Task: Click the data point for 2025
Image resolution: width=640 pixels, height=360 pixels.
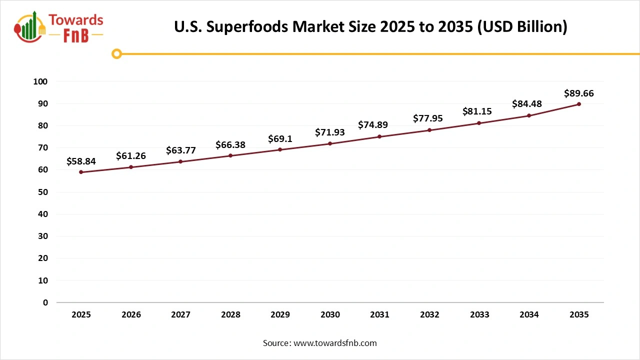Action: coord(81,172)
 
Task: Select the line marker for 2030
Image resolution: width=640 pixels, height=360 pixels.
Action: coord(330,143)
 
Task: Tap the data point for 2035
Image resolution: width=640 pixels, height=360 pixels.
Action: coord(579,104)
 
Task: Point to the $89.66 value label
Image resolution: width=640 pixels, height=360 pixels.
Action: coord(579,93)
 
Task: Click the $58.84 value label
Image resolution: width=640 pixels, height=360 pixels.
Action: coord(81,161)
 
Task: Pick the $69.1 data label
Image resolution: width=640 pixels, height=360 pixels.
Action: coord(280,138)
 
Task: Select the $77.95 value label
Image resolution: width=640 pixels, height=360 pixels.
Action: coord(429,118)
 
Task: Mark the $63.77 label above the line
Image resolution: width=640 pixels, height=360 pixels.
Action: coord(180,150)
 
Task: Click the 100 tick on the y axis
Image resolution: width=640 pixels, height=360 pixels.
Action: coord(41,81)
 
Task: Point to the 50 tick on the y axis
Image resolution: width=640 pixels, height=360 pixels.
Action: coord(43,192)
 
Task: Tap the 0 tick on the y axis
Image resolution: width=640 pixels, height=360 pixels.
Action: coord(45,302)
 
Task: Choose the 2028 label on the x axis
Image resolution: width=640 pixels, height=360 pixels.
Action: coord(230,314)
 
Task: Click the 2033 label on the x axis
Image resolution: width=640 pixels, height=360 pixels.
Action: coord(479,314)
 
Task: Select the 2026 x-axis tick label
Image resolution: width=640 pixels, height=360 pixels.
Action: coord(131,314)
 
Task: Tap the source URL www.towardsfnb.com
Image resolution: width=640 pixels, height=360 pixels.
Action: coord(334,343)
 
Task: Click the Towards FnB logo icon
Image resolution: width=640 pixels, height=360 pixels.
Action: coord(30,26)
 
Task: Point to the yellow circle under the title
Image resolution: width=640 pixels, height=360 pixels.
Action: coord(116,53)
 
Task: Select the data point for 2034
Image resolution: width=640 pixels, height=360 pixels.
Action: coord(529,115)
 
